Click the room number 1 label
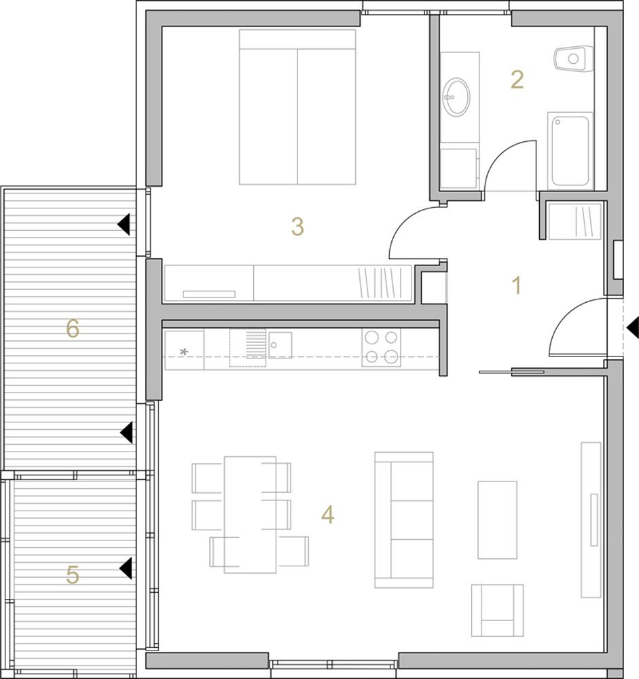point(516,285)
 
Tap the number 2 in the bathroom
point(517,79)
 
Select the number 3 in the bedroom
point(297,227)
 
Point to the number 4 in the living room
point(327,515)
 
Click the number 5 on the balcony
point(73,575)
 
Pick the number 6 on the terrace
point(73,328)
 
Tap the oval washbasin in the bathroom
point(456,97)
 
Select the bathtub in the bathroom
point(570,151)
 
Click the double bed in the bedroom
point(297,107)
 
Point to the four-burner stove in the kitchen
point(381,348)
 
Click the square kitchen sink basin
point(280,345)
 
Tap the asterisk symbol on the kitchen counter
point(183,352)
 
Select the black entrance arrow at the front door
point(633,327)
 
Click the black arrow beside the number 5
point(126,568)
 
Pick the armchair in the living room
point(497,610)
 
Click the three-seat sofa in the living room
point(404,520)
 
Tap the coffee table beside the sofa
point(497,519)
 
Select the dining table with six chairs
point(250,515)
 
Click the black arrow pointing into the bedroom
point(124,224)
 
